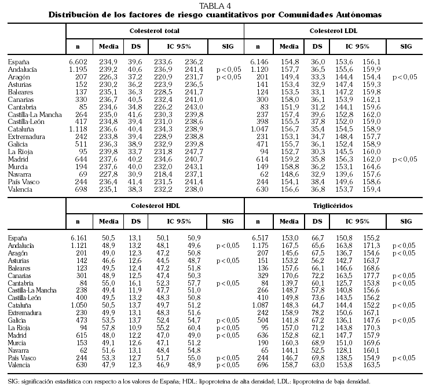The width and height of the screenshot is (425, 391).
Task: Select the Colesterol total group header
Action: tap(154, 30)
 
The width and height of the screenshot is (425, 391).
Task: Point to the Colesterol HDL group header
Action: tap(153, 206)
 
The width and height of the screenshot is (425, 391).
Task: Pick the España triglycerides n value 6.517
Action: tap(258, 237)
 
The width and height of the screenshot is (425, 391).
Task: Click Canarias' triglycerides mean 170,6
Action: tap(287, 276)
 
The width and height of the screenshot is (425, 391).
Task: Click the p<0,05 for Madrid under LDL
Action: tap(405, 159)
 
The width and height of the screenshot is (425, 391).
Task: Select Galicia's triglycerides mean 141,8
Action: tap(287, 320)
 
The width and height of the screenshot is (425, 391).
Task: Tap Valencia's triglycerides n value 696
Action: tap(258, 366)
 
